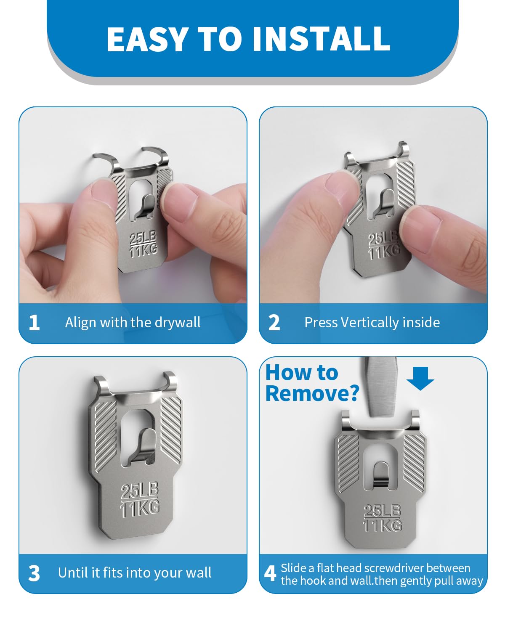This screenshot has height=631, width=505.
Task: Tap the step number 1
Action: click(x=35, y=323)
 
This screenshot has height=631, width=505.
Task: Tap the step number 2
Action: click(x=274, y=323)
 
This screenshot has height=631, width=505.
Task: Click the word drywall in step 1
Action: click(x=178, y=323)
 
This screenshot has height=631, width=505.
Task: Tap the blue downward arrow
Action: click(x=420, y=378)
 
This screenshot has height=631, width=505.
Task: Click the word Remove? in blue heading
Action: click(x=312, y=393)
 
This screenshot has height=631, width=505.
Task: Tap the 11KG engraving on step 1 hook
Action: click(x=144, y=251)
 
